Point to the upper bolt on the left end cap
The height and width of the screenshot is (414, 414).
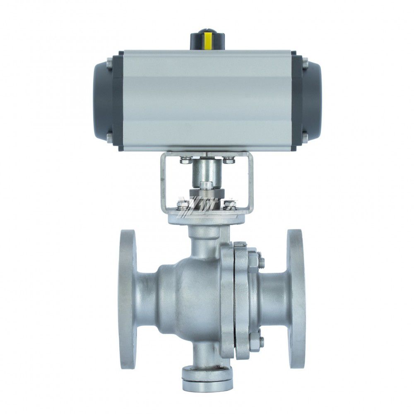pyautogui.click(x=109, y=64)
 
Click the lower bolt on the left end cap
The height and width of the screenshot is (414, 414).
pyautogui.click(x=109, y=138)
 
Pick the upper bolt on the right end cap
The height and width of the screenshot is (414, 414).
pyautogui.click(x=305, y=64)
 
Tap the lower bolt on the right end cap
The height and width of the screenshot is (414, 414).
pyautogui.click(x=305, y=138)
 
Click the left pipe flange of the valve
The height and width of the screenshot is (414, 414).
pyautogui.click(x=127, y=298)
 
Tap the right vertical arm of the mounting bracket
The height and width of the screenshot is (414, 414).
pyautogui.click(x=251, y=178)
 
